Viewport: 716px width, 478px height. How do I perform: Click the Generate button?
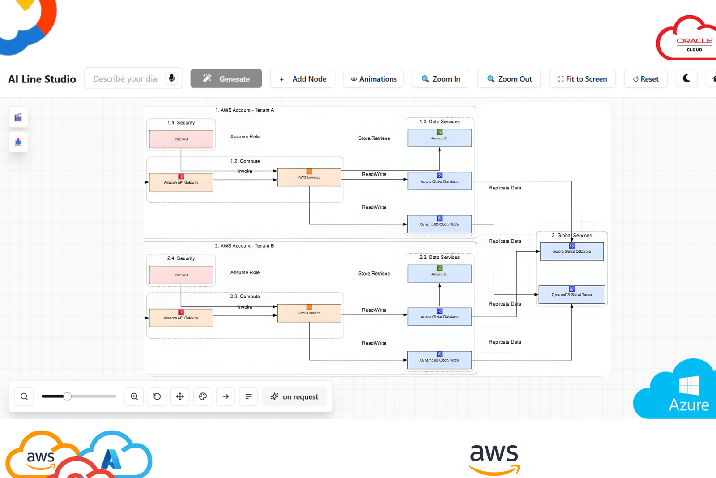226,78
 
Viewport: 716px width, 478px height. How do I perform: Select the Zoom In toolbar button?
440,79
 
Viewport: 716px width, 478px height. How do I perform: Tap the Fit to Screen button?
582,79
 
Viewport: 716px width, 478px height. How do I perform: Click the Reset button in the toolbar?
645,79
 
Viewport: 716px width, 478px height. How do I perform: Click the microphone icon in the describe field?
171,78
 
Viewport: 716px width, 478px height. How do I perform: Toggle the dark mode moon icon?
686,78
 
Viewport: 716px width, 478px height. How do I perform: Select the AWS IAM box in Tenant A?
181,139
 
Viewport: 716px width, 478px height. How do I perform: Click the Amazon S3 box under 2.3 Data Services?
439,274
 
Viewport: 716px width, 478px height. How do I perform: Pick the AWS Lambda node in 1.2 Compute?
309,177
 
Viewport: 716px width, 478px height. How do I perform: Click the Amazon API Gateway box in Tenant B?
181,318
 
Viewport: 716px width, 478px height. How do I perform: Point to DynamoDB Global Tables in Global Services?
571,295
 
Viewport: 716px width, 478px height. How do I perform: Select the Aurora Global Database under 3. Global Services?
571,251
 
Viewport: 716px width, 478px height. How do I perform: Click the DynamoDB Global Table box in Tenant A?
439,224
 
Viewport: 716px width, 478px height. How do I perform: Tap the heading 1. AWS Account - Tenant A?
244,110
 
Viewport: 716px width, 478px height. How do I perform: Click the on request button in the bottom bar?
294,396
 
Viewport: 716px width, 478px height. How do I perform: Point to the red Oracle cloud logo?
687,38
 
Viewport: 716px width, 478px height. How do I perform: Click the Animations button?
373,79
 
